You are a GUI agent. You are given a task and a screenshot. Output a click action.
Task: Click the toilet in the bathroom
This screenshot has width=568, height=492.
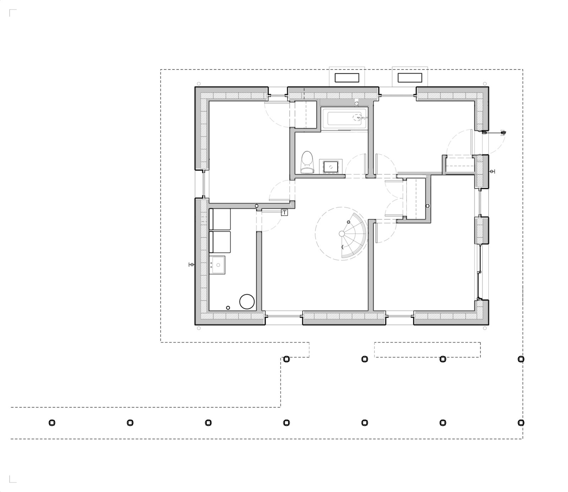click(307, 162)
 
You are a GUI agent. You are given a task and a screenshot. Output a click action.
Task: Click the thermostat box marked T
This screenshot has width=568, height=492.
click(284, 213)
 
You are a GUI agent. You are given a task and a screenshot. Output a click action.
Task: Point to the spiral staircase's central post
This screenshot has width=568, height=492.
click(342, 233)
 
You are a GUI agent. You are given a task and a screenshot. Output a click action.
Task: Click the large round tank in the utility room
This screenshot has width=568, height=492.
click(247, 301)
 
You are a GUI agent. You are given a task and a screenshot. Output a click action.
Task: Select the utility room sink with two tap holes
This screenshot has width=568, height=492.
click(217, 265)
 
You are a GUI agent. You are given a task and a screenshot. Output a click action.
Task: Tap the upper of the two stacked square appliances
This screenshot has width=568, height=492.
click(220, 219)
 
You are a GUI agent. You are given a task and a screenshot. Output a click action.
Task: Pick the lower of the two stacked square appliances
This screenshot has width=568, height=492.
click(220, 242)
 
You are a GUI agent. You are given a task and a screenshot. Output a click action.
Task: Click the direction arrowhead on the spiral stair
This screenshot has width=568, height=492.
click(343, 247)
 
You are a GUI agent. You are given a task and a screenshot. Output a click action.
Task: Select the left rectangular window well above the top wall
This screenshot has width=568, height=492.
click(347, 77)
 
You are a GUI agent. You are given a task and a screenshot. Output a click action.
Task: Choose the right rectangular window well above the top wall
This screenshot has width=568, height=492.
click(410, 77)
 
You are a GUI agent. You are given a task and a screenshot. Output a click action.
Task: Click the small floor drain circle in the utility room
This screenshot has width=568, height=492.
click(228, 307)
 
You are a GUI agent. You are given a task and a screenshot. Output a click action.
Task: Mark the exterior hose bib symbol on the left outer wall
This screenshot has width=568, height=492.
click(191, 265)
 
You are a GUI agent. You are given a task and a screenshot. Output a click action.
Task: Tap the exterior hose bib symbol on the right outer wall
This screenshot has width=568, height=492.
click(492, 172)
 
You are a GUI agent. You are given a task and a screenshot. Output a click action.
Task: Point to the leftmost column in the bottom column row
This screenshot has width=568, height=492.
click(52, 422)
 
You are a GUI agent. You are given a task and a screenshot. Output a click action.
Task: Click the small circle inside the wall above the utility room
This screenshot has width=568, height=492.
click(257, 206)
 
